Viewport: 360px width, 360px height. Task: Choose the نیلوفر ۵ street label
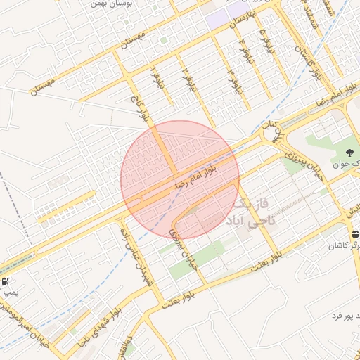[x=262, y=35]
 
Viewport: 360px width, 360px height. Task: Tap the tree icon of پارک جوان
[x=350, y=153]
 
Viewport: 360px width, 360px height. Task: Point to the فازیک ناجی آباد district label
[x=252, y=212]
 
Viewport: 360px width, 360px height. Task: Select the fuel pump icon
[x=7, y=281]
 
